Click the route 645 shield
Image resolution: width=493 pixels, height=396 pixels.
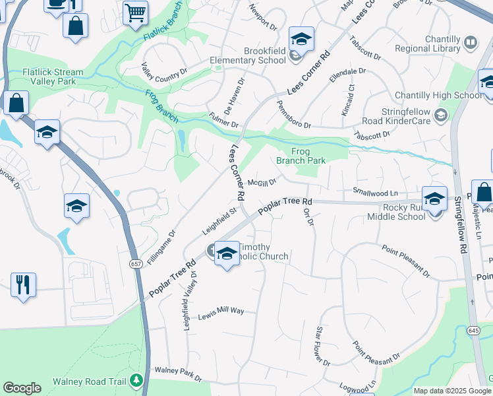pos(474,328)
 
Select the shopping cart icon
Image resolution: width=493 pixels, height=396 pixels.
pos(135,11)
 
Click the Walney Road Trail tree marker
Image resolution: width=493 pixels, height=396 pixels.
pos(136,380)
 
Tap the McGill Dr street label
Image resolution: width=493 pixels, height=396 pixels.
pos(261,181)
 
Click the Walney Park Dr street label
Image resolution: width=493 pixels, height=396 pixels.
pos(177,374)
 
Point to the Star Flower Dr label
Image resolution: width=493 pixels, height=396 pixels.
pos(322,346)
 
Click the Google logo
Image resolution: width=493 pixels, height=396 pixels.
pos(22,388)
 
